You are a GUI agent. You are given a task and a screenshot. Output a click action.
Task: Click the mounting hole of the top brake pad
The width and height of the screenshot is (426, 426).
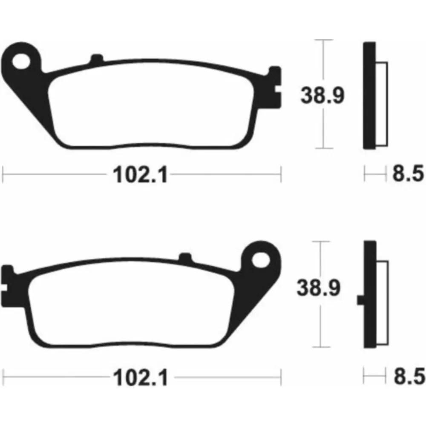coord(21,61)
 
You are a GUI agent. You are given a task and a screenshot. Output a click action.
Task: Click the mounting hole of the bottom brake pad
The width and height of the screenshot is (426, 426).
coord(261,260)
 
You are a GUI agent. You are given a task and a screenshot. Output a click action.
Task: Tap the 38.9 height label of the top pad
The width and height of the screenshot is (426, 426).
coord(322,95)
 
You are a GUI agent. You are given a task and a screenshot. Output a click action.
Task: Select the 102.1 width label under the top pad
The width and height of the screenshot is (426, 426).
coord(140,175)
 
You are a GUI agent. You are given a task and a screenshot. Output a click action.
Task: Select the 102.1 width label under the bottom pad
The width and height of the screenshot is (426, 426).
coord(141,377)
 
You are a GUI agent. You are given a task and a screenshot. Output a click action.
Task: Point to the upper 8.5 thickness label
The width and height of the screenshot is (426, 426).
coord(408,173)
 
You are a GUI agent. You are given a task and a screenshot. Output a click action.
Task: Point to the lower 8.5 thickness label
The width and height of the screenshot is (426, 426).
coord(409,376)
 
